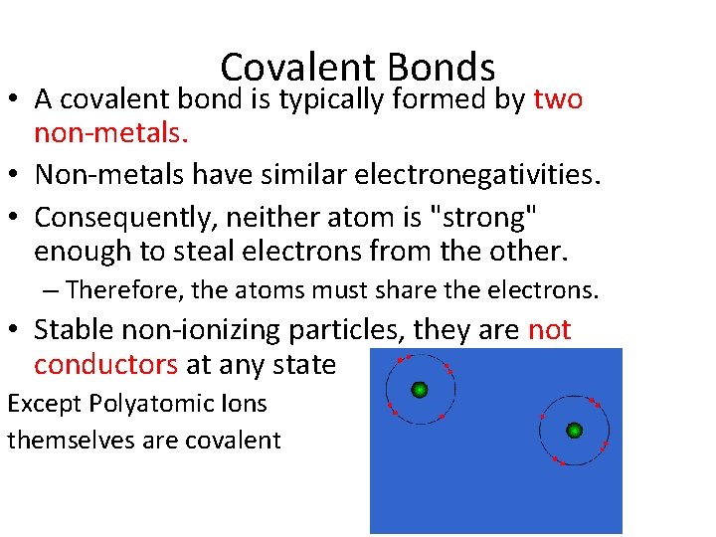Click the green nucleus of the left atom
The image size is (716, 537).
[420, 390]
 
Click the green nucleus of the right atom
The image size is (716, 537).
[574, 431]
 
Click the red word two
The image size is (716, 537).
[559, 99]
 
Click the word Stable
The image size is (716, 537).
[74, 330]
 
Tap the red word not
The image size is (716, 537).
[549, 330]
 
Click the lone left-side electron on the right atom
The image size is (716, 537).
[542, 416]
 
